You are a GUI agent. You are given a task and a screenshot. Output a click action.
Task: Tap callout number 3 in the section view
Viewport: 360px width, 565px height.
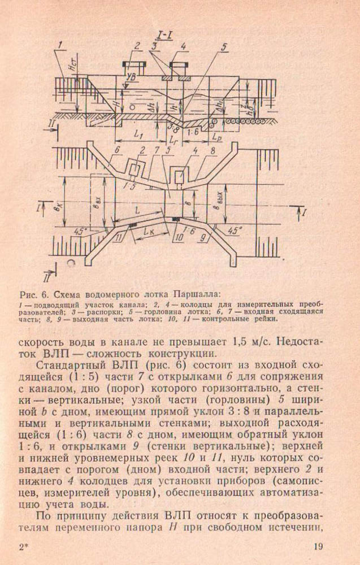point(154,45)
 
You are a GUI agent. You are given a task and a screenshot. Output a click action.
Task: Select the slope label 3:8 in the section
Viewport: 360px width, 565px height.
point(174,128)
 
